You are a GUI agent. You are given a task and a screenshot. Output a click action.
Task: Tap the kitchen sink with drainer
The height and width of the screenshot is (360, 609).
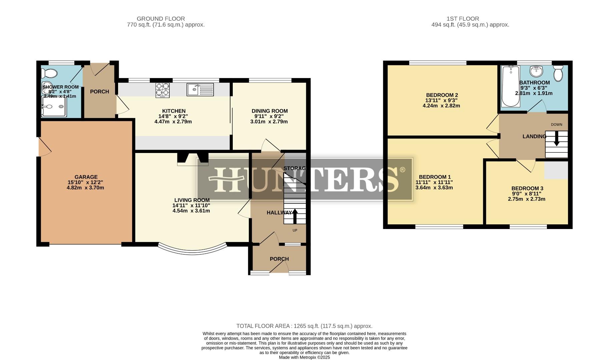click(200, 89)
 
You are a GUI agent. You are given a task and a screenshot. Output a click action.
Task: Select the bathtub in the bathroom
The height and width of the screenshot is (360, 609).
click(510, 86)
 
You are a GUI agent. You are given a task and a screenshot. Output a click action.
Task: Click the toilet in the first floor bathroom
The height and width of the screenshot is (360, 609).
click(558, 73)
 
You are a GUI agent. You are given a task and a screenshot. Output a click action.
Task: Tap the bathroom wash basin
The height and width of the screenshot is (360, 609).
click(537, 71)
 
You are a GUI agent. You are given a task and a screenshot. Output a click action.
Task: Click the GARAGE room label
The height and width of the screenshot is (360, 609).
click(86, 177)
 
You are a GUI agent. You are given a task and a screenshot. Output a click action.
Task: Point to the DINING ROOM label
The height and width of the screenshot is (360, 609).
click(269, 111)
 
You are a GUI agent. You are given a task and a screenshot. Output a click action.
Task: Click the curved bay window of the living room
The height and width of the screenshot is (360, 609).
click(192, 252)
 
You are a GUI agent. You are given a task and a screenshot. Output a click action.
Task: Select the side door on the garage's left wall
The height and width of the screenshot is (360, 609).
click(43, 147)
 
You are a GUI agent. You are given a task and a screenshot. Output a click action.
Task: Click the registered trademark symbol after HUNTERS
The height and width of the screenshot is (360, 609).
click(402, 170)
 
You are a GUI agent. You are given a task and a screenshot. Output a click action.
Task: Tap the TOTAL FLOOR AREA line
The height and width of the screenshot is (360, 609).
click(304, 326)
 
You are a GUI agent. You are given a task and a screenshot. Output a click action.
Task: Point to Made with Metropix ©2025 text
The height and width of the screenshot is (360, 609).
click(304, 357)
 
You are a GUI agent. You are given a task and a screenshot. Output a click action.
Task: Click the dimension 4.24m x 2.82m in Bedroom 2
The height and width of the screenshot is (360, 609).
click(441, 106)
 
